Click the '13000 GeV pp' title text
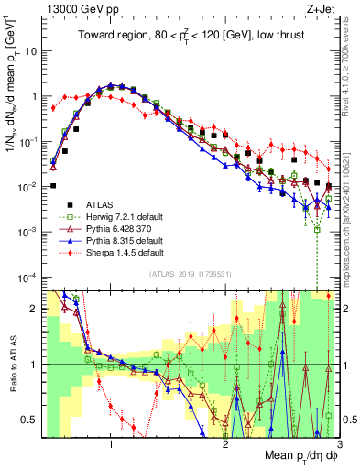coord(77,10)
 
